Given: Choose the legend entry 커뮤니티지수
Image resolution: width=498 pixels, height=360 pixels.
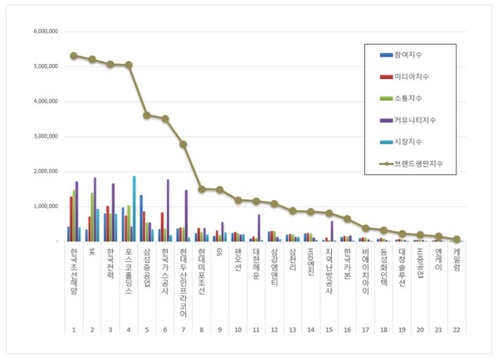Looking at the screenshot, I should coord(408,120).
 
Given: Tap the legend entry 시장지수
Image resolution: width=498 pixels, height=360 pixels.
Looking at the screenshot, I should coord(403,142).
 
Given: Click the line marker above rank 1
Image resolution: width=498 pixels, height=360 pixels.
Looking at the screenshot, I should coord(74,56).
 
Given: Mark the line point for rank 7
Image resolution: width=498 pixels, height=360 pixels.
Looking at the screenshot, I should coord(183,144).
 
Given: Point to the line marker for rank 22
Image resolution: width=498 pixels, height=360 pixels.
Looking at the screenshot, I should coord(457,239).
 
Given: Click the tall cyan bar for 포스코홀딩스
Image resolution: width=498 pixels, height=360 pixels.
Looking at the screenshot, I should coord(134,208).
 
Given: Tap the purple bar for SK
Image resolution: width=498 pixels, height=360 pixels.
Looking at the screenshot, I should coord(95,209).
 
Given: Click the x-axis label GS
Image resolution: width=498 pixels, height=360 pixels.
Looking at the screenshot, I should coord(220,251).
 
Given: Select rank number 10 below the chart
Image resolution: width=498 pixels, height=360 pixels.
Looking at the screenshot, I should coord(238,329).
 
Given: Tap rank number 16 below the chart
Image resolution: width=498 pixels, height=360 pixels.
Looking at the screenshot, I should coord(348,329).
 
